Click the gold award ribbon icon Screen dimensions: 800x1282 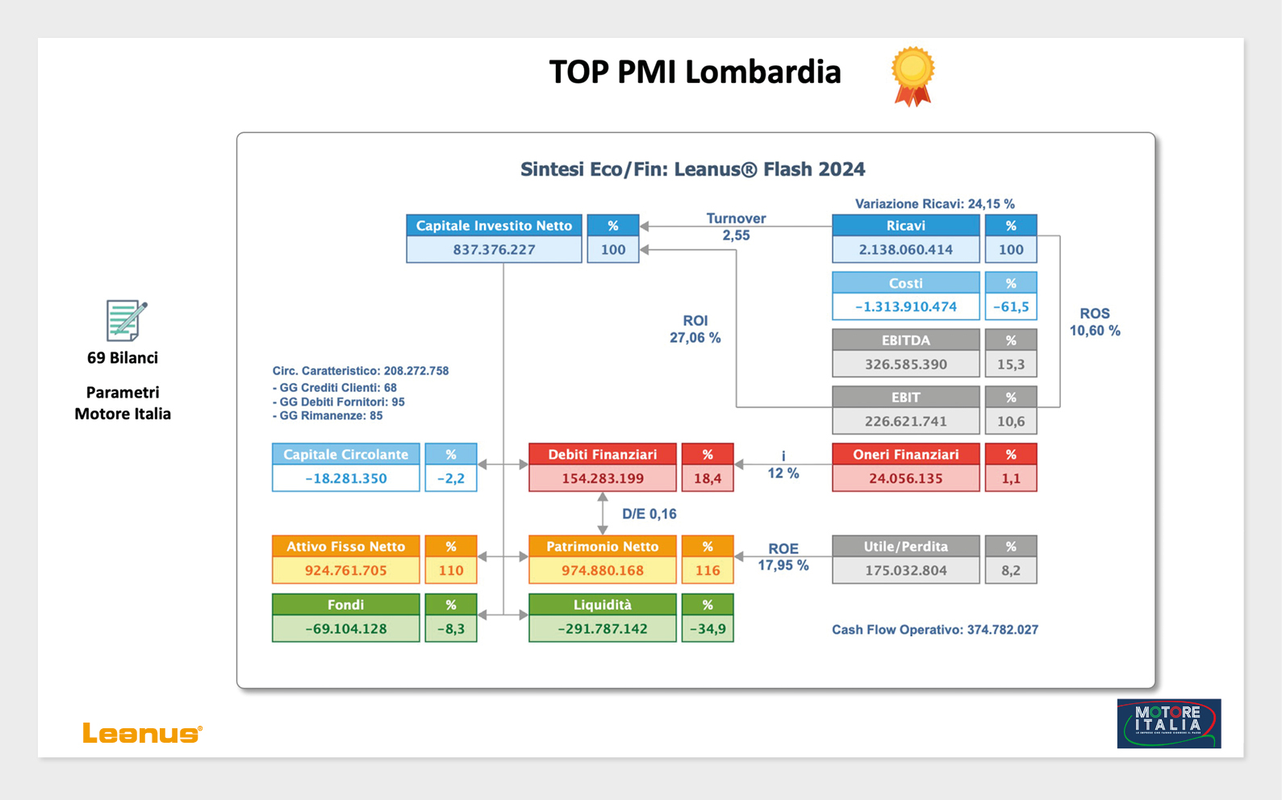912,76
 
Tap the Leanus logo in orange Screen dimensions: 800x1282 142,733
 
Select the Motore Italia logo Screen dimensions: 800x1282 1168,723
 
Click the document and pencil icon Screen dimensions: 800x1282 126,320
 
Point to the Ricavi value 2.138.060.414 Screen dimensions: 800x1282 905,250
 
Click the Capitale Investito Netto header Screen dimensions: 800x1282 494,226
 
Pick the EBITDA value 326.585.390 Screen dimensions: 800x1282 905,365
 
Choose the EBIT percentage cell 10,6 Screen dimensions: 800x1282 1010,422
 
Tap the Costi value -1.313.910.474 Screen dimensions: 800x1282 905,307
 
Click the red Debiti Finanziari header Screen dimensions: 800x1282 602,455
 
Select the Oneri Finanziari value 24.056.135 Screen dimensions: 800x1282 905,479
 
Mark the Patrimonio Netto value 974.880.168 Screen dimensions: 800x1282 602,571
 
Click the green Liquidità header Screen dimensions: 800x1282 602,605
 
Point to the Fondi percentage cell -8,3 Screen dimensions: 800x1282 450,629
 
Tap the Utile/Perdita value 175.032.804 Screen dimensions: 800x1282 905,571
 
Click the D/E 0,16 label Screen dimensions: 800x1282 649,514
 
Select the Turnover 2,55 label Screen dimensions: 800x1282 736,227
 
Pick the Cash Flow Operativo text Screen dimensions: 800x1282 934,630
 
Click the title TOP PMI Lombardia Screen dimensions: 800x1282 695,72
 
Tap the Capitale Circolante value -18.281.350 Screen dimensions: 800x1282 345,479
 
